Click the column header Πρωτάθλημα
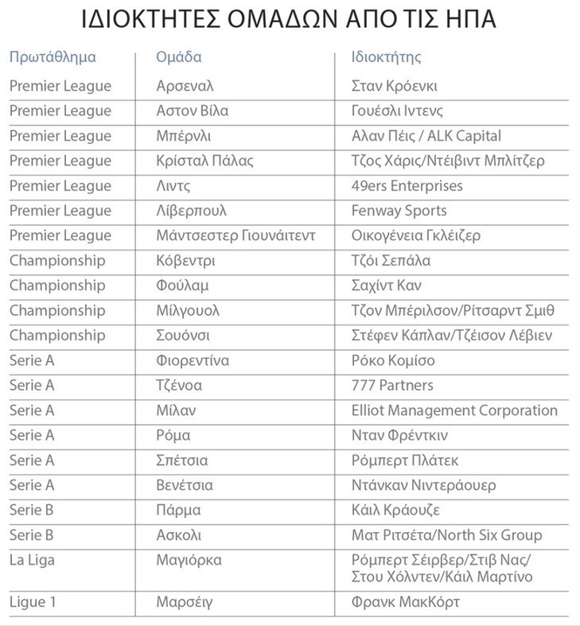click(x=53, y=57)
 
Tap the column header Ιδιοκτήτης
click(x=386, y=57)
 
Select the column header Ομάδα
click(x=179, y=57)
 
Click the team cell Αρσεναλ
click(x=185, y=86)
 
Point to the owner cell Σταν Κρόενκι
click(x=395, y=86)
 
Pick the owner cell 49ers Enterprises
click(x=407, y=186)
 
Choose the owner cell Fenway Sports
click(x=399, y=211)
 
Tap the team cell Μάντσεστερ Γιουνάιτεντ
click(x=236, y=235)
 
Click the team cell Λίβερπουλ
click(x=192, y=211)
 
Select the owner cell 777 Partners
click(x=392, y=385)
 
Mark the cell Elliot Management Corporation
click(x=454, y=410)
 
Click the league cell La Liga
click(x=32, y=560)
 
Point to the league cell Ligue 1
click(x=33, y=602)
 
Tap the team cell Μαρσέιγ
click(x=185, y=602)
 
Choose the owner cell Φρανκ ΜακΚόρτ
click(x=406, y=602)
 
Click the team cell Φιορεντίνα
click(x=193, y=360)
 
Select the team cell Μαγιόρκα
click(x=189, y=560)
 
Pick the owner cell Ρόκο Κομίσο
click(x=393, y=360)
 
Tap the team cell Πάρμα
click(x=179, y=510)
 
